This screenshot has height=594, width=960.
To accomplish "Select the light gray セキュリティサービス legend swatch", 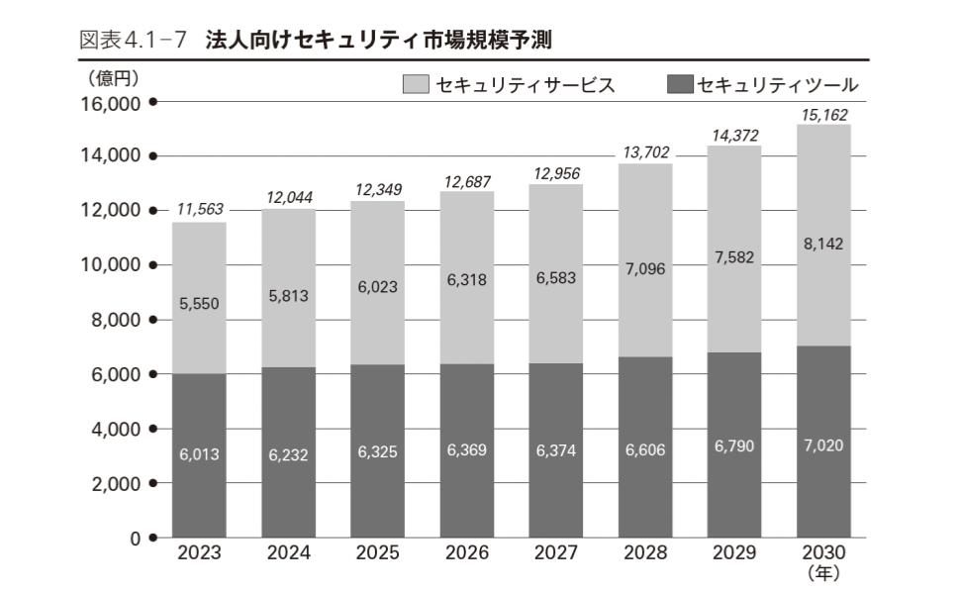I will point(415,85).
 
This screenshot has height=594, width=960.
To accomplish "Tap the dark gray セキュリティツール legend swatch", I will point(681,85).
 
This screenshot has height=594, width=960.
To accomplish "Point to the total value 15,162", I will point(822,115).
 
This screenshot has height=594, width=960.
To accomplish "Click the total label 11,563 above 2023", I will point(198,210).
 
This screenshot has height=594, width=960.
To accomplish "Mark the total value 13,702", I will point(644,151).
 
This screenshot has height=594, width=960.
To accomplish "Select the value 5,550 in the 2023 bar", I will point(198,305).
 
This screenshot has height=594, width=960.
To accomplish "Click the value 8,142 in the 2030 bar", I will point(822,244).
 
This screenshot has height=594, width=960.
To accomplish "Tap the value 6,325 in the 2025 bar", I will point(377,451).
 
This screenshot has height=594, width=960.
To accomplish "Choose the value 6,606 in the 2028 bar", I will point(644,449).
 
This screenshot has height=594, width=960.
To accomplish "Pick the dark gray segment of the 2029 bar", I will point(733,495).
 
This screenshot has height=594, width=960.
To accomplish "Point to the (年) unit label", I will point(822,571).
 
